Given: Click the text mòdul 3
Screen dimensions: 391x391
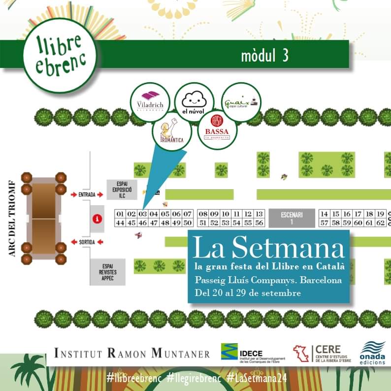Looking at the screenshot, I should [x=264, y=56].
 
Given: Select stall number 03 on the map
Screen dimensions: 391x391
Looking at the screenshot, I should [x=142, y=214].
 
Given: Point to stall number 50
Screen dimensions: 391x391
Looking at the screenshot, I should [x=187, y=223].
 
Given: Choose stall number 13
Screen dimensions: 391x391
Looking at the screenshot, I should [x=260, y=214].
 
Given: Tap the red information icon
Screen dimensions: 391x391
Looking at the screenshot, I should [x=98, y=218].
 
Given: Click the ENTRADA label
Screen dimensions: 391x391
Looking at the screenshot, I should [x=87, y=195].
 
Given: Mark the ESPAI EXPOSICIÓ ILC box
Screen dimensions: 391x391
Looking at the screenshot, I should [x=118, y=189].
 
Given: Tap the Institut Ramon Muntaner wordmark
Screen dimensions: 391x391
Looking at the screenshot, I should [x=131, y=353].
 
